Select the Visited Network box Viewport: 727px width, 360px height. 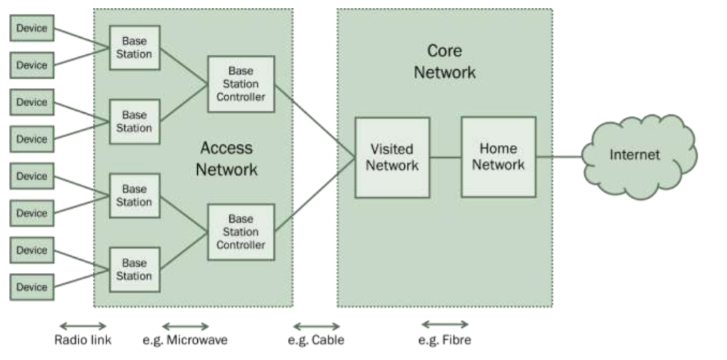click(x=392, y=157)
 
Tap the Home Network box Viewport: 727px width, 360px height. click(x=498, y=156)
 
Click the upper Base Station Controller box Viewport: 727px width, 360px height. click(x=241, y=84)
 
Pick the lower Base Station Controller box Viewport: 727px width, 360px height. click(x=241, y=231)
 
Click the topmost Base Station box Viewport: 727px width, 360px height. click(x=134, y=47)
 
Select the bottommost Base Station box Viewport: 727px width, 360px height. click(x=134, y=269)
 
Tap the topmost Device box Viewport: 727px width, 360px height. click(x=31, y=28)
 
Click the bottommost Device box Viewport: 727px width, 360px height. click(x=31, y=287)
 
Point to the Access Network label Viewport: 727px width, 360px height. click(x=226, y=159)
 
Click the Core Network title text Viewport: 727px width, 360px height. click(x=444, y=61)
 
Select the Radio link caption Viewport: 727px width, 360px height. click(x=83, y=340)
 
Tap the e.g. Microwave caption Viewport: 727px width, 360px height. click(x=185, y=340)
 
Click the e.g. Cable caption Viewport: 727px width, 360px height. click(x=316, y=340)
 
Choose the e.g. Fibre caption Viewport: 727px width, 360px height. click(x=445, y=340)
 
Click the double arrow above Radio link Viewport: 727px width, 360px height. click(x=82, y=326)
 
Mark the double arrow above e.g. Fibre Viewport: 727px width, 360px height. click(x=445, y=324)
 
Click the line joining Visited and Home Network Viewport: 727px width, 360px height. click(x=445, y=157)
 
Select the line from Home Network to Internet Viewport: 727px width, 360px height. click(x=558, y=156)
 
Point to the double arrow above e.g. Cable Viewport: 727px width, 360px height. click(x=316, y=326)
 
